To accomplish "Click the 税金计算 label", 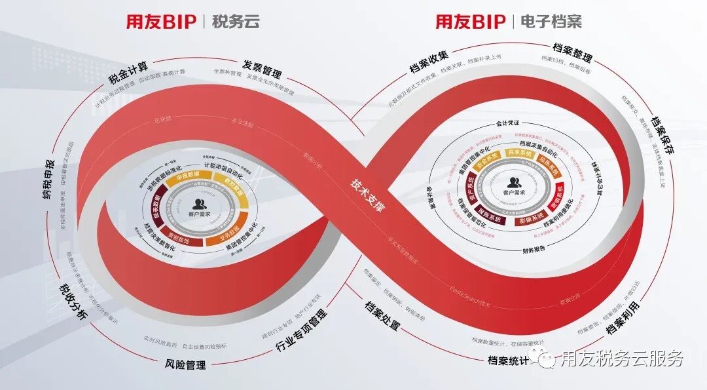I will pyautogui.click(x=128, y=74).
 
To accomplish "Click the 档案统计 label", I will pyautogui.click(x=508, y=360).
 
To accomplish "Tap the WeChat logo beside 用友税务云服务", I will pyautogui.click(x=543, y=358).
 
